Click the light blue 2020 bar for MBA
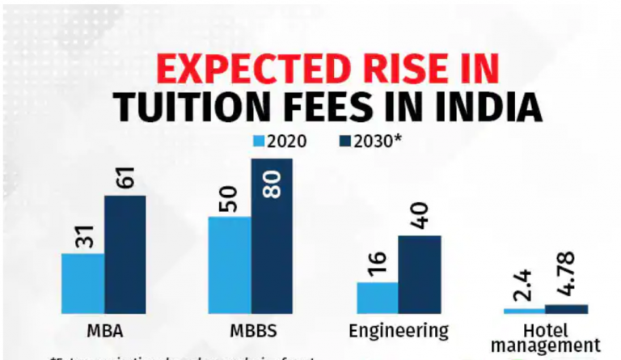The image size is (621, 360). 82,283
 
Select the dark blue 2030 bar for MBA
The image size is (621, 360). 125,254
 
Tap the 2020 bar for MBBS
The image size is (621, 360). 230,265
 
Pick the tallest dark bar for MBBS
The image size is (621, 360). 271,235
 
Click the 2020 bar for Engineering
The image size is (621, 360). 377,298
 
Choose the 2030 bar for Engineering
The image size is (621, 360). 419,274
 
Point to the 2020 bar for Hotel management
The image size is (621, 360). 524,311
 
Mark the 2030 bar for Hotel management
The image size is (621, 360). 566,308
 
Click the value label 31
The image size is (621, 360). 82,236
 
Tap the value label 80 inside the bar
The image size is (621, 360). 272,185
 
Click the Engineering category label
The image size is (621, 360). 399,331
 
